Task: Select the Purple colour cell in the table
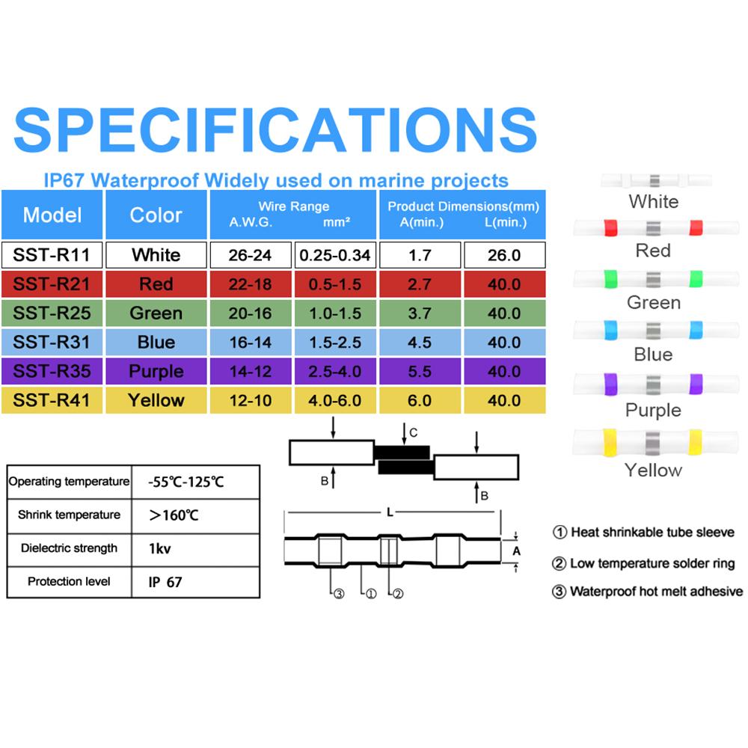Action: (156, 371)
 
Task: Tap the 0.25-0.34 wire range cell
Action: (334, 255)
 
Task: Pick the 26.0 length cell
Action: (504, 255)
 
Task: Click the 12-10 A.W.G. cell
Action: (251, 400)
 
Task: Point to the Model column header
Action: (52, 215)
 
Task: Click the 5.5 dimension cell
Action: (420, 371)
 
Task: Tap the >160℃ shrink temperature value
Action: (174, 515)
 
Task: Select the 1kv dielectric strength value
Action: (160, 548)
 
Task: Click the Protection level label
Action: (69, 581)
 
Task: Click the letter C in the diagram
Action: (414, 432)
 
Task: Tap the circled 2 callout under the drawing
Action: (398, 594)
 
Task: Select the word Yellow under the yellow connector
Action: (653, 470)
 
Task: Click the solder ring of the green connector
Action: (654, 280)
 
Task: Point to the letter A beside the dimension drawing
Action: (515, 551)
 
